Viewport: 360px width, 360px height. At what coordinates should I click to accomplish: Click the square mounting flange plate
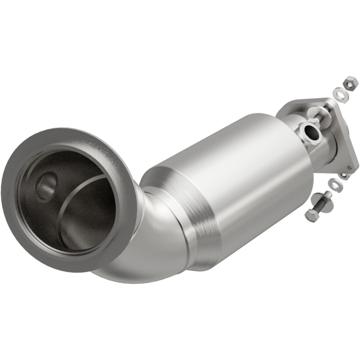coord(344,135)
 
